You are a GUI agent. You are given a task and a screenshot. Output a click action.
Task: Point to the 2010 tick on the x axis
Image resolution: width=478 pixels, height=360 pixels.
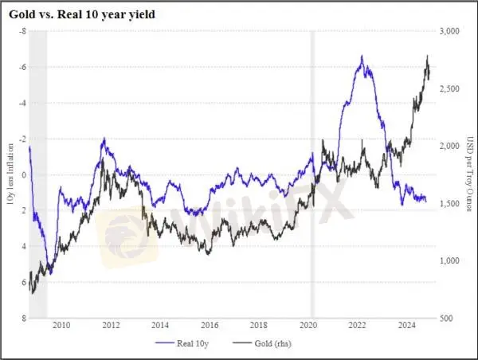(x=62, y=325)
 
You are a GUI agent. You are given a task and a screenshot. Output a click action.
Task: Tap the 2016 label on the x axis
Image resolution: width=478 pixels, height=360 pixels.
(x=210, y=325)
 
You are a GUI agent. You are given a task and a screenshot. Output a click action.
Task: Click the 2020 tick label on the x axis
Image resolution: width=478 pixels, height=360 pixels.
(x=308, y=325)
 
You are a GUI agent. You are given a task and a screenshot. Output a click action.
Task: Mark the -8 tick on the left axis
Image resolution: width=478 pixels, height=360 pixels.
(x=22, y=31)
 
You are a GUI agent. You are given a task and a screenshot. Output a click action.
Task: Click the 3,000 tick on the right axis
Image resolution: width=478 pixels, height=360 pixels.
(x=450, y=31)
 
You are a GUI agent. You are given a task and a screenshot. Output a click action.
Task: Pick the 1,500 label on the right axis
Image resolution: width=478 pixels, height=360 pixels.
(x=450, y=204)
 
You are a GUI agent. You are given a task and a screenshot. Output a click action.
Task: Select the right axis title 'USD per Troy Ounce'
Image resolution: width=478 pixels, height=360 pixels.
(x=468, y=174)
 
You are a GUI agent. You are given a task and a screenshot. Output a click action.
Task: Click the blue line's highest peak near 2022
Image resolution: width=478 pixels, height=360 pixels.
(x=362, y=57)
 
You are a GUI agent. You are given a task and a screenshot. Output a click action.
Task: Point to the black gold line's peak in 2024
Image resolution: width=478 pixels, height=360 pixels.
(x=428, y=56)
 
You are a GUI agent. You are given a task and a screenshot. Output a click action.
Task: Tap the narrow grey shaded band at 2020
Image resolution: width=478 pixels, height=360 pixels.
(x=311, y=174)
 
